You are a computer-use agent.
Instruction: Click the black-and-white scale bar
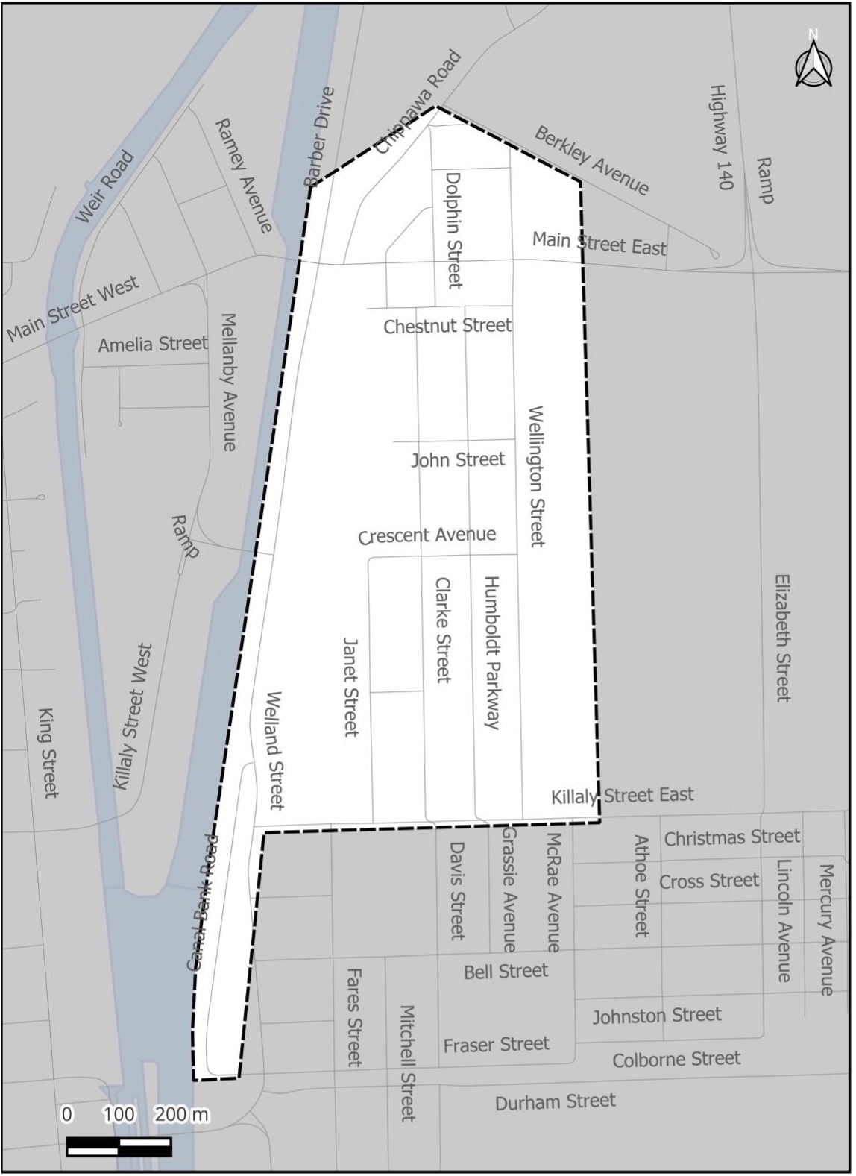(x=119, y=1145)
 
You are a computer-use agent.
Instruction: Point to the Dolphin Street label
(x=453, y=230)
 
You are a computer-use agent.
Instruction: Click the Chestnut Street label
(x=447, y=326)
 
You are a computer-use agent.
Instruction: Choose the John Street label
(x=458, y=460)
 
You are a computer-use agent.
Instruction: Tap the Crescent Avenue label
(x=427, y=535)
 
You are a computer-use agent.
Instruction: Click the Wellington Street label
(x=536, y=477)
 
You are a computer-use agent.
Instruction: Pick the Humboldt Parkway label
(x=491, y=652)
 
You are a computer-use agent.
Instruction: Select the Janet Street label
(x=351, y=686)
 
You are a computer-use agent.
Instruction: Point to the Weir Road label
(x=105, y=186)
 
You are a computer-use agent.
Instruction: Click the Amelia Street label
(x=153, y=344)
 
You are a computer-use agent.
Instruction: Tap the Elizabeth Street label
(x=782, y=638)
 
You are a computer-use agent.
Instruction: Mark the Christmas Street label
(x=731, y=838)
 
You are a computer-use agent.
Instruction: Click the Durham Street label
(x=556, y=1101)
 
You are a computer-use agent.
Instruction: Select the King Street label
(x=48, y=753)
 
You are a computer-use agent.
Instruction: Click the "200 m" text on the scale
(x=181, y=1114)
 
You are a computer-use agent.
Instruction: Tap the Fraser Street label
(x=496, y=1045)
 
